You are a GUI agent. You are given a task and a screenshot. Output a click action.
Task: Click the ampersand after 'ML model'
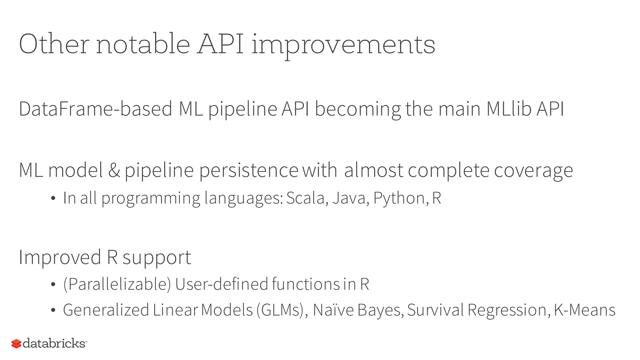coord(114,170)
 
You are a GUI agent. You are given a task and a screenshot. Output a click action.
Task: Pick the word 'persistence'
coord(249,171)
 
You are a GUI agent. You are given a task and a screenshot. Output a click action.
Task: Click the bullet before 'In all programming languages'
coord(53,198)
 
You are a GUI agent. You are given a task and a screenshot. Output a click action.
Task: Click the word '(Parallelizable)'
coord(117,284)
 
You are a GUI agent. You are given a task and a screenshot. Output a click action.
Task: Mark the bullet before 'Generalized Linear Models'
coord(53,310)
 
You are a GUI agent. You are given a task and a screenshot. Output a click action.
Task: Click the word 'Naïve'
coord(333,310)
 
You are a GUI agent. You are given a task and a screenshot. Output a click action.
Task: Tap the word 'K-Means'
coord(584,310)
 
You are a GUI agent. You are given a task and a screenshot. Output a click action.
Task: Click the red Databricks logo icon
coord(16,344)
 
